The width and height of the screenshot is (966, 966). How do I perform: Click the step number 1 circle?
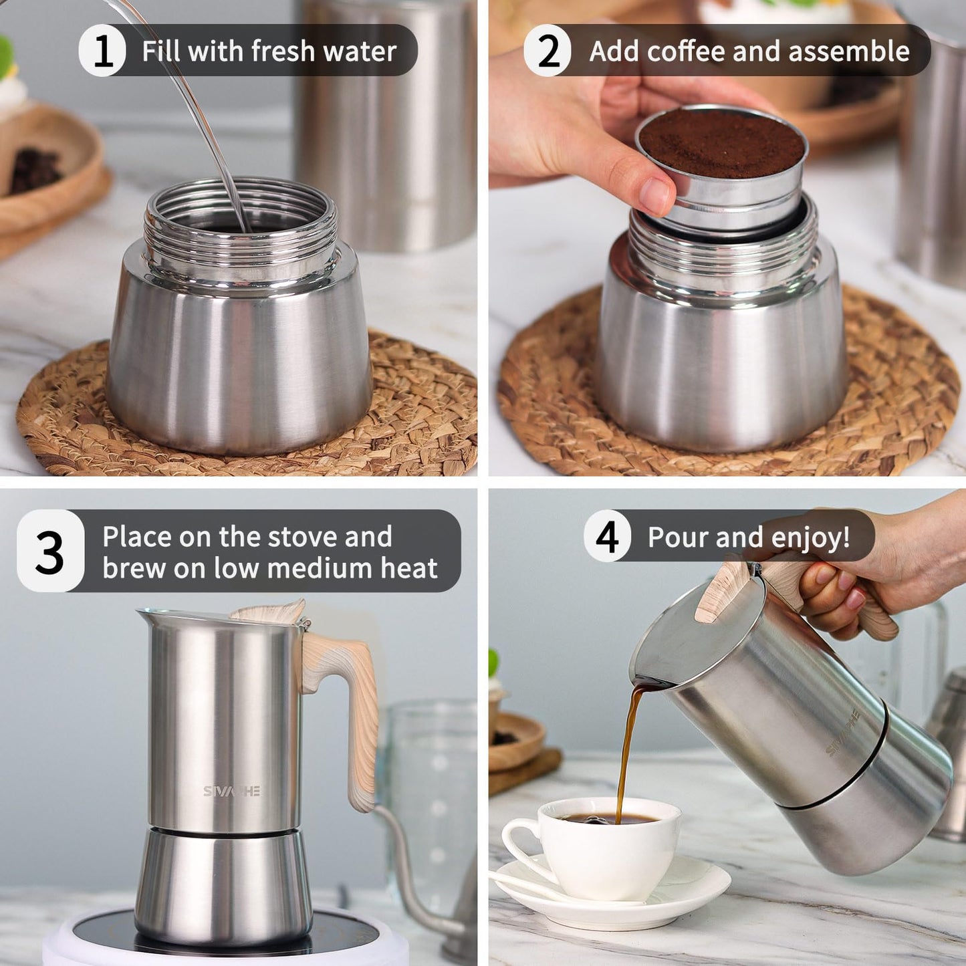click(102, 51)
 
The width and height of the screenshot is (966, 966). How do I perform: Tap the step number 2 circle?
click(548, 51)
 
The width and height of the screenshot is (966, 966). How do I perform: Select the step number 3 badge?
click(50, 552)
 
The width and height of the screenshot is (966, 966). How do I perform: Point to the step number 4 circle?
click(607, 536)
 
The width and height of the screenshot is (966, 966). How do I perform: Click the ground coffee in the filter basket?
click(721, 142)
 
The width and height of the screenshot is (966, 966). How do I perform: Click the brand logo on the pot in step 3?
click(231, 791)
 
